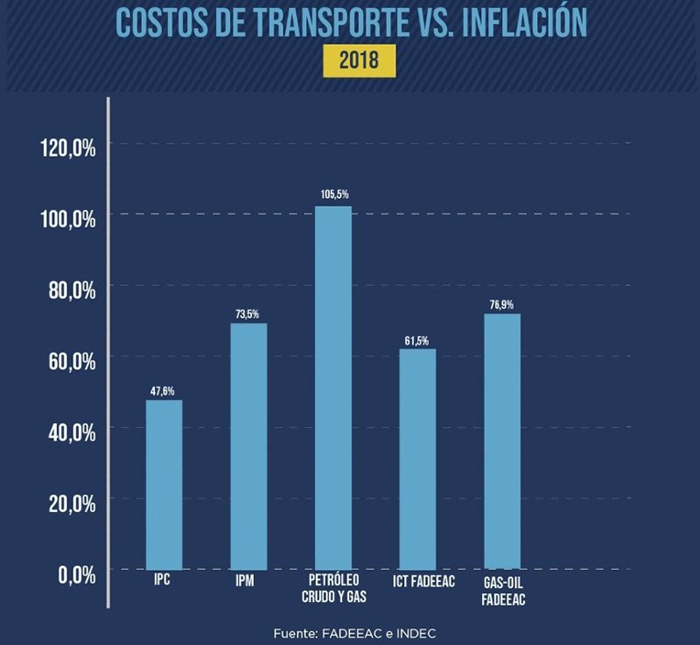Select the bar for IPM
click(x=248, y=446)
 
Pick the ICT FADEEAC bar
click(x=417, y=459)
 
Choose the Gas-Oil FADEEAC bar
click(x=501, y=441)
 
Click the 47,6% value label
click(x=164, y=390)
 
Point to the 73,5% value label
click(x=248, y=313)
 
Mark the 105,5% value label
click(x=332, y=194)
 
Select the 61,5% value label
click(x=417, y=340)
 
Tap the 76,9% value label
click(x=501, y=305)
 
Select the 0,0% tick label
click(x=74, y=574)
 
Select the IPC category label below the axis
click(x=164, y=581)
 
